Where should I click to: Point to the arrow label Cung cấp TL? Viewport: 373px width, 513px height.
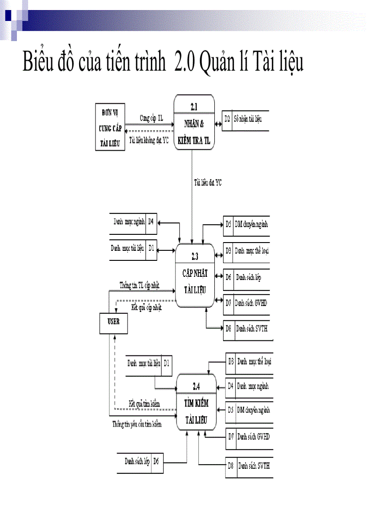[x=151, y=118]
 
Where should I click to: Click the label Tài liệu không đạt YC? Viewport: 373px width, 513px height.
[x=149, y=140]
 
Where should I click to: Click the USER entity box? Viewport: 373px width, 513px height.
[x=113, y=322]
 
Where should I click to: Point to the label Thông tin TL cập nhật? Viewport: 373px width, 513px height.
[x=139, y=285]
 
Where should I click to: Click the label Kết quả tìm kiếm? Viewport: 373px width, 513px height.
[x=144, y=403]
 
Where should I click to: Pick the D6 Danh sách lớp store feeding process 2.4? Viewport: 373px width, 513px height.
[x=140, y=461]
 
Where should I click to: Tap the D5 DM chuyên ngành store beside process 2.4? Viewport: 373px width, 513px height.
[x=249, y=410]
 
